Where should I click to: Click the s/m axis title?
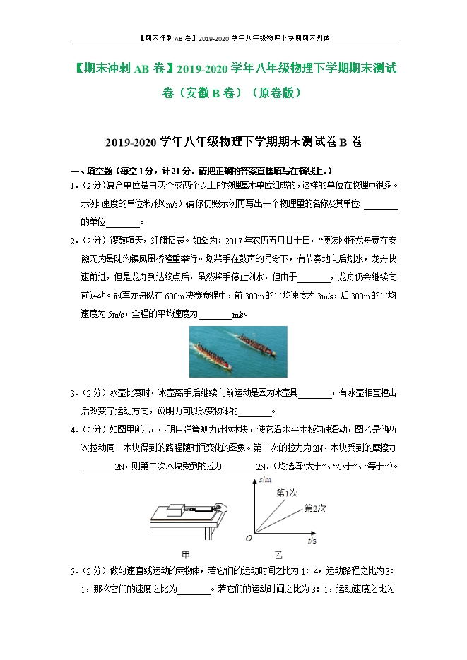266,480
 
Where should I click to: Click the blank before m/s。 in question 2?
215,315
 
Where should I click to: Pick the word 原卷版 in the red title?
280,92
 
